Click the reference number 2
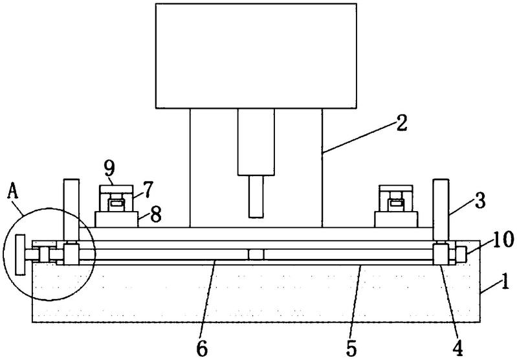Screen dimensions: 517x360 401,123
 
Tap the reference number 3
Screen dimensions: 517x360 479,201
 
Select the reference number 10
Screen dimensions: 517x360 503,239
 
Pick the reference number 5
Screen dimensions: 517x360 351,348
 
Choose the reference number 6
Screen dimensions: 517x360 202,348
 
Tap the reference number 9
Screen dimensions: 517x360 109,168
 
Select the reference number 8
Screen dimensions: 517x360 155,214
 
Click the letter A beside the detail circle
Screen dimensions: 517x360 13,191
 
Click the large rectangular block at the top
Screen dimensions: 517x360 256,56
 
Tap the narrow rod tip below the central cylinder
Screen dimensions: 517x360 256,196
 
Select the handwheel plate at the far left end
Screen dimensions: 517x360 21,254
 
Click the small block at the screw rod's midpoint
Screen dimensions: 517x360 256,254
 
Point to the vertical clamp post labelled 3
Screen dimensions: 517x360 441,210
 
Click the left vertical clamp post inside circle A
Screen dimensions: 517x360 72,210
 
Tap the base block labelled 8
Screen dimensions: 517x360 116,219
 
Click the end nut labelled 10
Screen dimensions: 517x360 461,254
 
